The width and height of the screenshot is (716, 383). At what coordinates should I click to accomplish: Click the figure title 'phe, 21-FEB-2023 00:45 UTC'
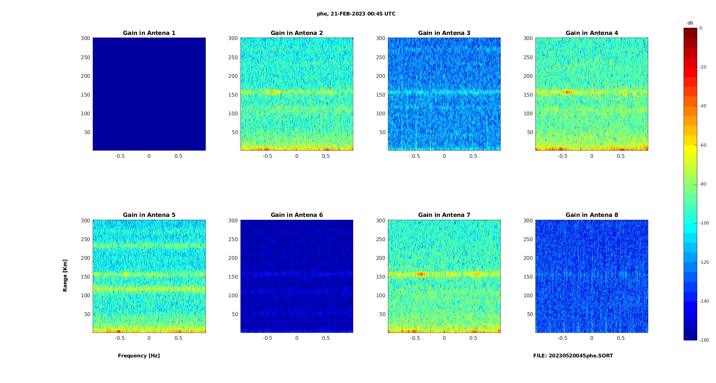356,14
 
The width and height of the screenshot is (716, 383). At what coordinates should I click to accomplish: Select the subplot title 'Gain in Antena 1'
149,33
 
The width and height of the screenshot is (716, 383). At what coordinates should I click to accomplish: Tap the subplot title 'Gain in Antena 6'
297,215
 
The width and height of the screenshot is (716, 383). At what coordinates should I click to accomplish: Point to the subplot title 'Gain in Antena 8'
592,215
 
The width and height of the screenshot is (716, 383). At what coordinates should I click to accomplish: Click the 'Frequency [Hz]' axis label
139,356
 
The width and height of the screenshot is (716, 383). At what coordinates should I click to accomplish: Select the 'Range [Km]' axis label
65,275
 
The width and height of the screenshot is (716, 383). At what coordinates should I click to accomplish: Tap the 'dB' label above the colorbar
690,23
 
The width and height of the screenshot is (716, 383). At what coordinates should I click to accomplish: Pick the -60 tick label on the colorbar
703,145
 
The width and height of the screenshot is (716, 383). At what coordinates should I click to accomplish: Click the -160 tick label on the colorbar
704,340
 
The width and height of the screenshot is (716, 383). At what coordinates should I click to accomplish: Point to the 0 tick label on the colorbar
701,28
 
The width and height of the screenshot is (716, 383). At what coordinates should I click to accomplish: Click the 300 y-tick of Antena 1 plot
85,38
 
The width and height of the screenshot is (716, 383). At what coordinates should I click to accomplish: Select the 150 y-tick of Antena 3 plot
381,95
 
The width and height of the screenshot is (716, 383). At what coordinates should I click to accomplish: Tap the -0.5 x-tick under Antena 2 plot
267,156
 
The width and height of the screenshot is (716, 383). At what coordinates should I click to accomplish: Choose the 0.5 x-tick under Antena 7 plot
473,338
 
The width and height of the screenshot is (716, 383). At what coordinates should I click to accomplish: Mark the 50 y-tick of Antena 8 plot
530,314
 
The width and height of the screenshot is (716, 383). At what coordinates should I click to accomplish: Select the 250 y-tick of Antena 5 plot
85,239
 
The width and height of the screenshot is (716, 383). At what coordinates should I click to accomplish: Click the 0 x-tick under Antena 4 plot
592,156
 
